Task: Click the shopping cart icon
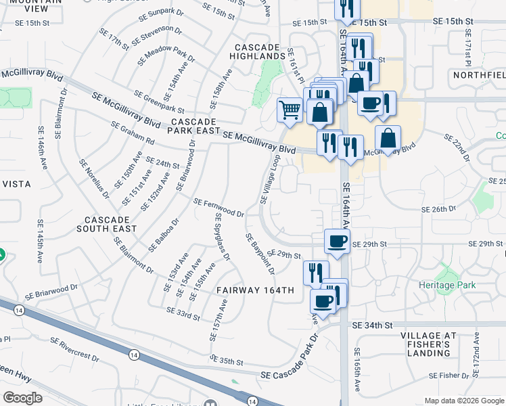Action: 290,109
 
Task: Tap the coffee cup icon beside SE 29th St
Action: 337,241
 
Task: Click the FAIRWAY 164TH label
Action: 256,290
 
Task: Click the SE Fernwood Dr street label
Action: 218,208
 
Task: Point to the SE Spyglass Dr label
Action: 223,236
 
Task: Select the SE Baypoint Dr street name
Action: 260,254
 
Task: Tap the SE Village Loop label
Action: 270,179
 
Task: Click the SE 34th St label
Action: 369,325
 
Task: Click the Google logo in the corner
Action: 22,398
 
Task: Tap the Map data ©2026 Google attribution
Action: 464,401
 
